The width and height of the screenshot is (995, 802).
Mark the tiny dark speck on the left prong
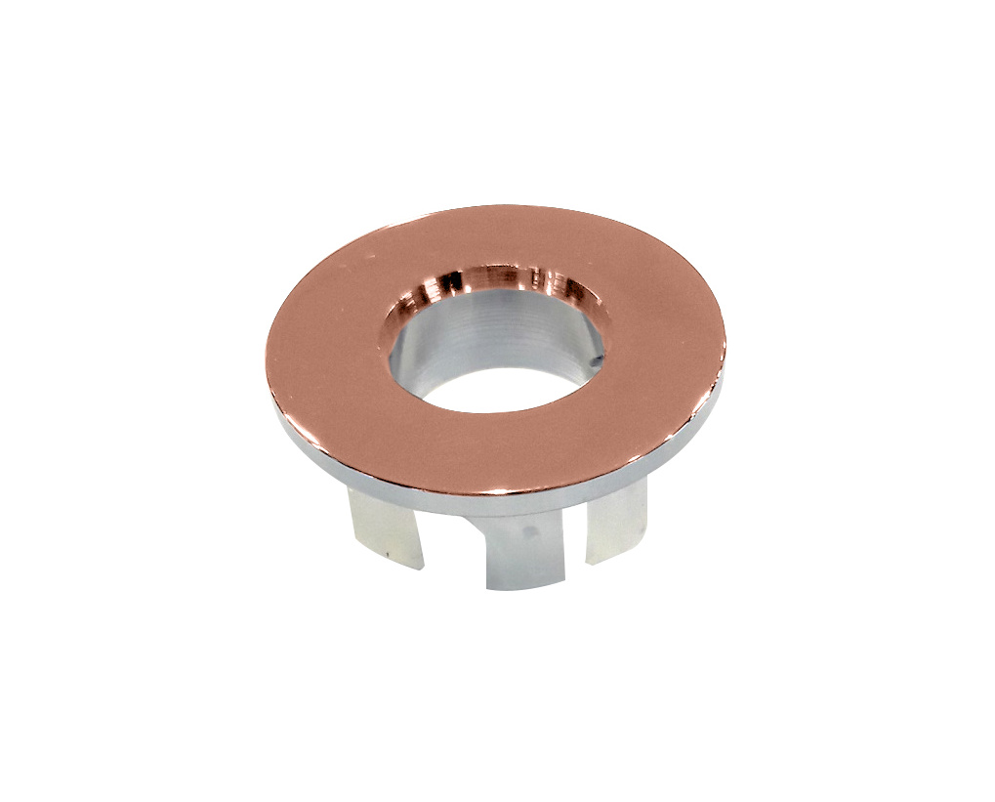coord(388,553)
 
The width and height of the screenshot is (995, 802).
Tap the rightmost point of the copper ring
coord(725,332)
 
